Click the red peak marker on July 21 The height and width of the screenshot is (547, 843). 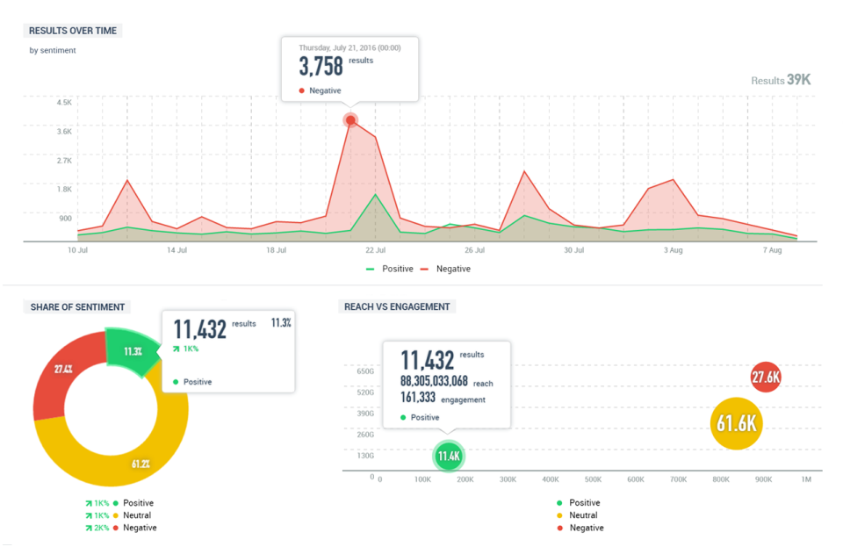tap(351, 120)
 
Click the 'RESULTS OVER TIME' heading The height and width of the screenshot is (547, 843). tap(73, 31)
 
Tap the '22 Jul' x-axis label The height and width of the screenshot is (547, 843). tap(375, 250)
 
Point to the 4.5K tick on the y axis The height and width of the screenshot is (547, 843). tap(64, 103)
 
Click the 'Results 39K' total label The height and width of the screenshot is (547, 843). tap(781, 80)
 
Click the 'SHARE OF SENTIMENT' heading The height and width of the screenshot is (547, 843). tap(77, 307)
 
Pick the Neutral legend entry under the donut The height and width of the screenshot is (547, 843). tap(136, 515)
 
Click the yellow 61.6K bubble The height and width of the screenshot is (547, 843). tap(736, 424)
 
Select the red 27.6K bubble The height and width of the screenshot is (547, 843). tap(766, 378)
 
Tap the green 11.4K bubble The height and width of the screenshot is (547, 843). tap(449, 457)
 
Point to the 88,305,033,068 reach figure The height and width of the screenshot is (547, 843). tap(435, 381)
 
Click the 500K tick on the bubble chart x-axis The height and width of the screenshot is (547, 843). tap(593, 480)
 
